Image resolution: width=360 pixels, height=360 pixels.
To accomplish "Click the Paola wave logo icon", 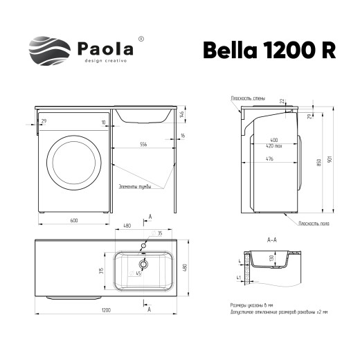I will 48,50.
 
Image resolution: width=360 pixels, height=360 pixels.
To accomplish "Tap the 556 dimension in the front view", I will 143,144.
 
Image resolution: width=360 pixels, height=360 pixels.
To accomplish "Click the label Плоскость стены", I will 248,99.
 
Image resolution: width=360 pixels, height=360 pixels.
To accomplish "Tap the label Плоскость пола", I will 315,224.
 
